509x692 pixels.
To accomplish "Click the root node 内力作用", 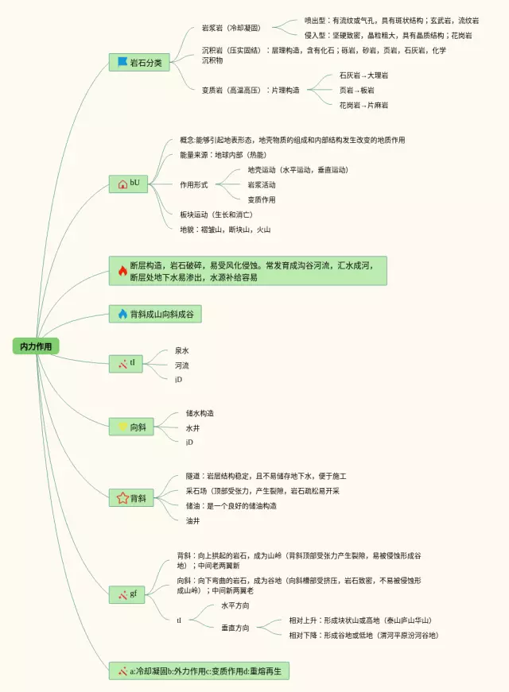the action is (37, 346).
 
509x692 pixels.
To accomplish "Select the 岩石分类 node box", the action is (139, 62).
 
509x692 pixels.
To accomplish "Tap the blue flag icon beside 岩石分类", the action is (122, 62).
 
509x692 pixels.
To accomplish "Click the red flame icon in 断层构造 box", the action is (122, 271).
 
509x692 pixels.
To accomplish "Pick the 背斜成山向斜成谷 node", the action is (155, 315).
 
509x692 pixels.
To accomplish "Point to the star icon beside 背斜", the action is (122, 498).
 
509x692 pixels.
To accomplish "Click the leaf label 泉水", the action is (182, 350).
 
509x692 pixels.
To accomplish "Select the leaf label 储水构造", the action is (200, 413).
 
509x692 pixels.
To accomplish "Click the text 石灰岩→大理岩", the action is (363, 75).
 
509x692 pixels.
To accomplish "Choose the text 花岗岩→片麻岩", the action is (363, 105).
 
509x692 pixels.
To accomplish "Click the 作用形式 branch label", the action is (193, 184).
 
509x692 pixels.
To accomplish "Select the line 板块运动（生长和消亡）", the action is (216, 215).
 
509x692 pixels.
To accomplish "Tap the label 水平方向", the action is (235, 605).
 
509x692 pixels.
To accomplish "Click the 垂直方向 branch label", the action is (235, 628).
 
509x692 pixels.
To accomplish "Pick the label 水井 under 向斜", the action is (193, 427).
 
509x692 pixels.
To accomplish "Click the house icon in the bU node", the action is (122, 184).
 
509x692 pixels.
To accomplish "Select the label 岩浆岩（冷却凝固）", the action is (231, 29).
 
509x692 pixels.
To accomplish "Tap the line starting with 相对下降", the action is (363, 636).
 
